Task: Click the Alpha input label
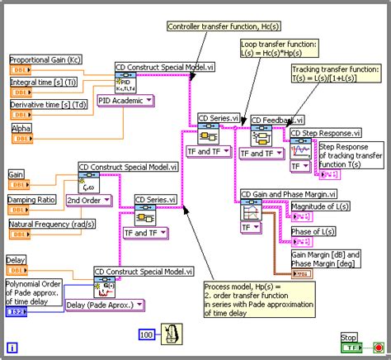tap(21, 129)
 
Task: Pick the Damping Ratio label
tap(32, 200)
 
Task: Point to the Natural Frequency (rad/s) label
tap(49, 224)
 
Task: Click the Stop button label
tap(349, 336)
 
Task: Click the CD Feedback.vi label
tap(278, 120)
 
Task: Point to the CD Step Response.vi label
tap(325, 132)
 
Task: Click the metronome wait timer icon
tap(172, 334)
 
